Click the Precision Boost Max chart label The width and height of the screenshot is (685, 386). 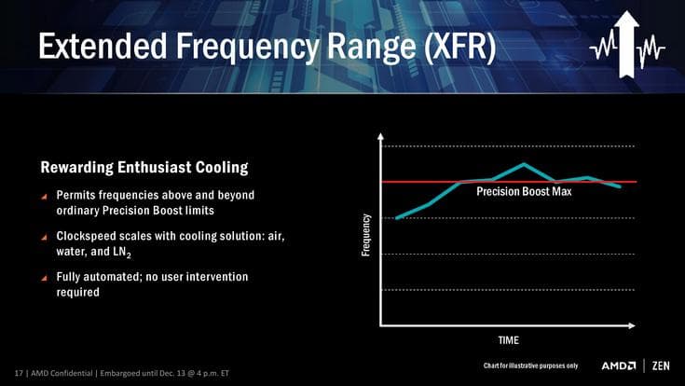tap(524, 192)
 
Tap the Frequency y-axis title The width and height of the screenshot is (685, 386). tap(366, 236)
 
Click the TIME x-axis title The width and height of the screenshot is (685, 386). tap(508, 339)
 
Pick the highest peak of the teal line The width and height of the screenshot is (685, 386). tap(525, 164)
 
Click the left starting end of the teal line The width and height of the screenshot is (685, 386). tap(397, 218)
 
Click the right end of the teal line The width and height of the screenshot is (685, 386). tap(620, 186)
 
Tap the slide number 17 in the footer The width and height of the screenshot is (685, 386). tap(19, 374)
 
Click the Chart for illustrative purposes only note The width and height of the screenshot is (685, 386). tap(532, 365)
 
